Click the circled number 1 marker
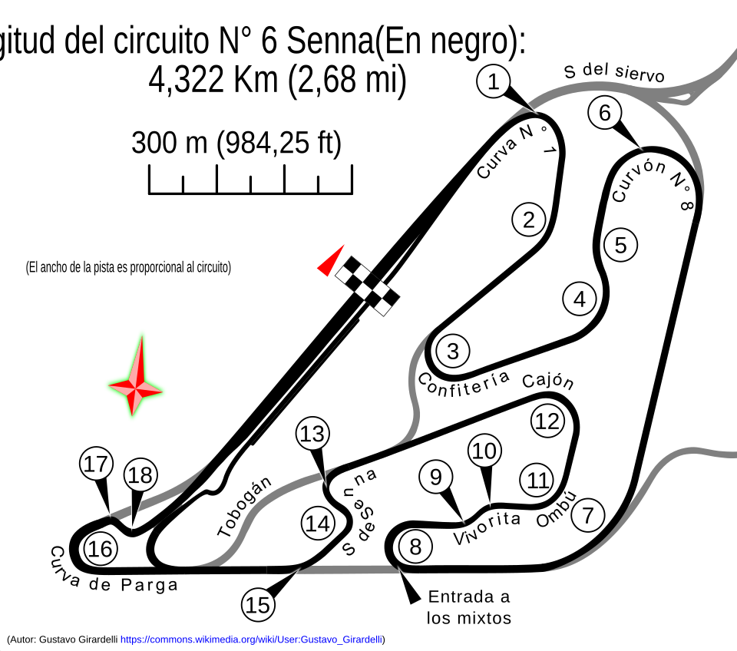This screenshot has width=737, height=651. (493, 82)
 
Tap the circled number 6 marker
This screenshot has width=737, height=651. (605, 113)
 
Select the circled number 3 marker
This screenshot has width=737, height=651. (453, 351)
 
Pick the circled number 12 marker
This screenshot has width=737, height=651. (547, 421)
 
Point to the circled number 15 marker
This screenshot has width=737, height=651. (258, 605)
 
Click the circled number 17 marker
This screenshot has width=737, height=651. (97, 464)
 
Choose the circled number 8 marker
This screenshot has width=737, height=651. (415, 547)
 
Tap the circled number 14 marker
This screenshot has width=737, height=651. (318, 524)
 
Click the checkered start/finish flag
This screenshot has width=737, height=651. (368, 286)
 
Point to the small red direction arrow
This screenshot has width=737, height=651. (332, 261)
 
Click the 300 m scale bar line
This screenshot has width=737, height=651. (250, 193)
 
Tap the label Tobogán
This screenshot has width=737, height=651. (245, 506)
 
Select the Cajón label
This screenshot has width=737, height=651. (548, 382)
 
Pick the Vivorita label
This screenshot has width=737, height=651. (487, 528)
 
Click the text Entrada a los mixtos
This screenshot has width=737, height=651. (468, 607)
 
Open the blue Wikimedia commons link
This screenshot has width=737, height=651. (252, 639)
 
